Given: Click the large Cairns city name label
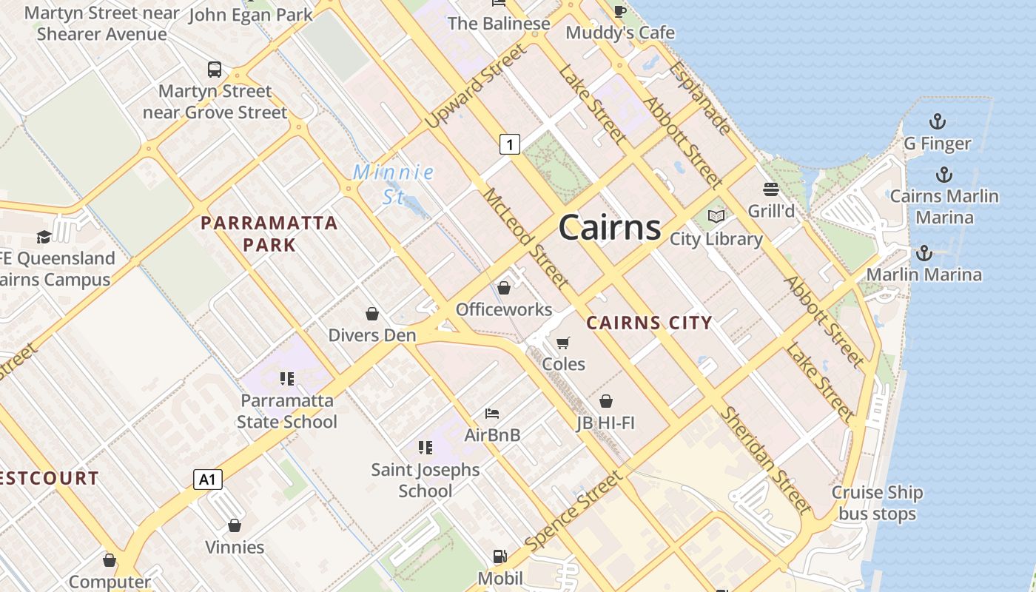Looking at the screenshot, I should point(610,226).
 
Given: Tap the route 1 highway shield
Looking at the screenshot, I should point(509,144).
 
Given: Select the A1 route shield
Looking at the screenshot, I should point(208,480).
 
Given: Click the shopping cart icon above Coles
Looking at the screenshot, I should point(563,343).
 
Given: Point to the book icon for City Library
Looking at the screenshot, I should point(716,216).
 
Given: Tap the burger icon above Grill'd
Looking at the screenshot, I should point(771,189).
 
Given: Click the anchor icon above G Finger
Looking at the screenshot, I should point(938,121).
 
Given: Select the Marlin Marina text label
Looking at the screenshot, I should point(924,275).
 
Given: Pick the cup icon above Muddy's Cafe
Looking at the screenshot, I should point(620,10).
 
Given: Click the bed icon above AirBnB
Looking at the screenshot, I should point(492,413).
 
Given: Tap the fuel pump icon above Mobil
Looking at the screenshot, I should point(500,556).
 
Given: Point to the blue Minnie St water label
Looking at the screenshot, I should point(393,184).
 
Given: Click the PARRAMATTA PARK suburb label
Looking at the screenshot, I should point(269,233).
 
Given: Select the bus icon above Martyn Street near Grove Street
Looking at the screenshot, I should point(215,70).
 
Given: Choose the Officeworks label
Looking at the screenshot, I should point(504,309).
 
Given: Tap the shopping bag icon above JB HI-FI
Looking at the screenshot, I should point(606,401).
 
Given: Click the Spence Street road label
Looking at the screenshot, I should point(574,511).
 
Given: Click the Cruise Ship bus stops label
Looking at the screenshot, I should point(877,503).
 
